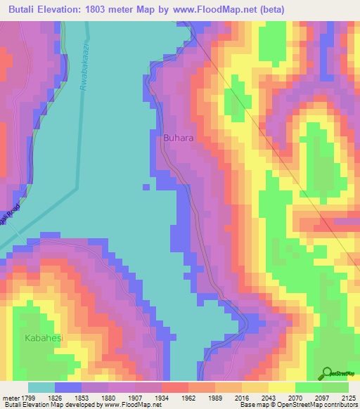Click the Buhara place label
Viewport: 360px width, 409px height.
coord(179,138)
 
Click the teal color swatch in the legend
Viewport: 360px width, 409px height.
coord(41,387)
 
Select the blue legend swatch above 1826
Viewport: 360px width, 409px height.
coord(68,387)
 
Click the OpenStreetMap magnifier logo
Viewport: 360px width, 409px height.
coord(328,374)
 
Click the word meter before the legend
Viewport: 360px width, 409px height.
coord(10,397)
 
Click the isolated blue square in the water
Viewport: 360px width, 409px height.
coord(146,187)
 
